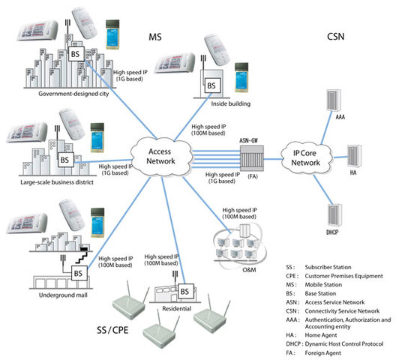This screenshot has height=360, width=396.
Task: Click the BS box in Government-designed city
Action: pyautogui.click(x=75, y=55)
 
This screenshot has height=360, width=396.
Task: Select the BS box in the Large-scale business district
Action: pyautogui.click(x=65, y=160)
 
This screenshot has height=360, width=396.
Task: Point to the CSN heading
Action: pyautogui.click(x=336, y=36)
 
